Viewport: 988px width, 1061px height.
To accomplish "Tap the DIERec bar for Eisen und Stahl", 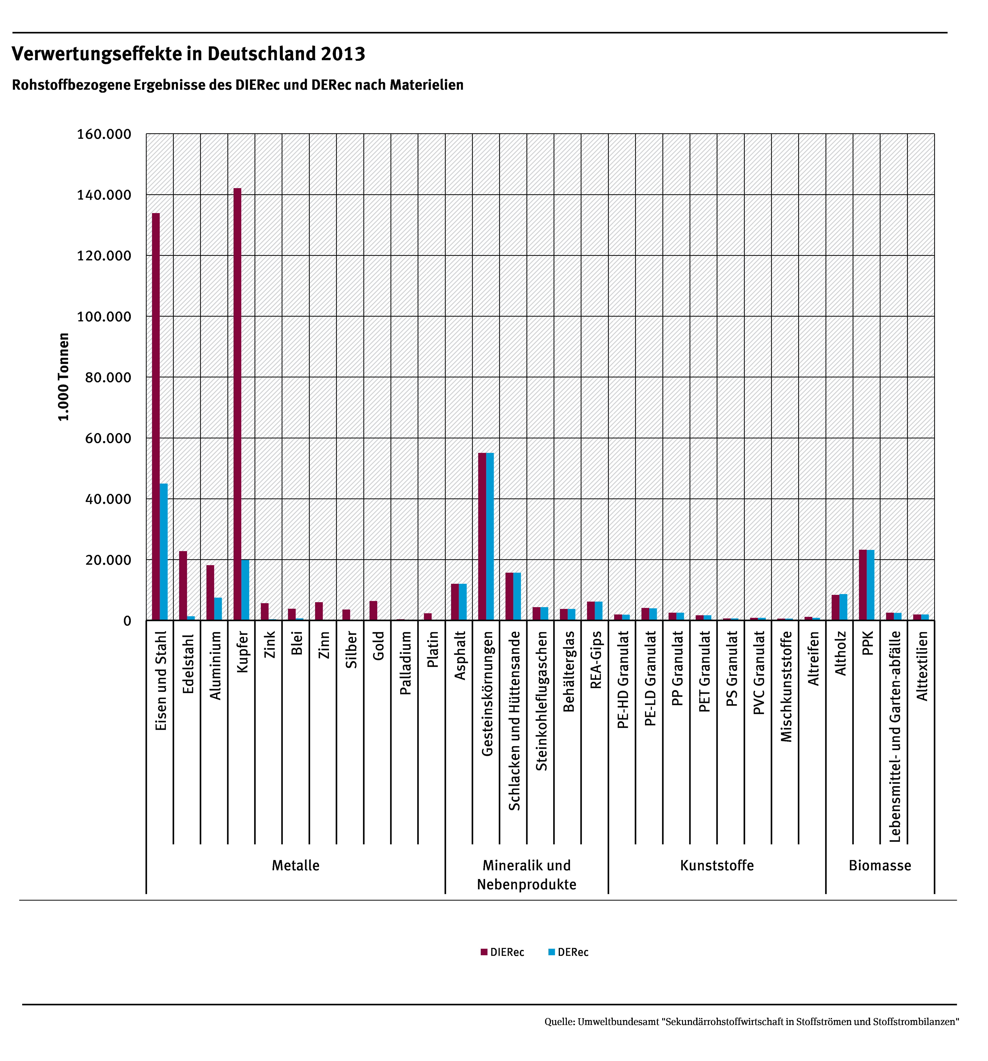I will [x=156, y=416].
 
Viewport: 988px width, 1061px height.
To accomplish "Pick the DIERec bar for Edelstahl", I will [x=183, y=586].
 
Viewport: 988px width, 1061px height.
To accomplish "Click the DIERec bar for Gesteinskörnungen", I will [x=482, y=536].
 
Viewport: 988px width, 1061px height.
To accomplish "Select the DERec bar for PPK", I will [x=870, y=585].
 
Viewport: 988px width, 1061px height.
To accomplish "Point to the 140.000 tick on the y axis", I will [x=104, y=195].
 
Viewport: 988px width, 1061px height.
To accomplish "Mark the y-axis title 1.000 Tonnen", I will [x=64, y=377].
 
